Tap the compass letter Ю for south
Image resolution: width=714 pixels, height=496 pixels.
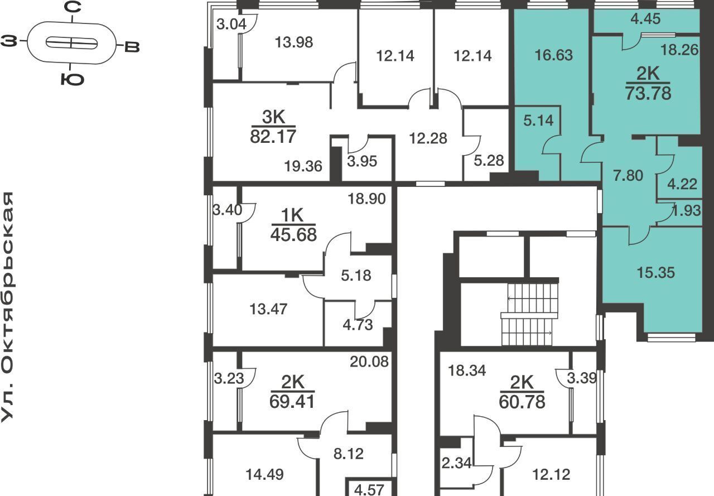click(73, 79)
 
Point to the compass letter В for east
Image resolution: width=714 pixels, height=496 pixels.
click(132, 47)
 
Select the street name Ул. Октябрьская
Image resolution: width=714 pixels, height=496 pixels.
click(7, 307)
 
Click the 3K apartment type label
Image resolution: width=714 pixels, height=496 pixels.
click(273, 117)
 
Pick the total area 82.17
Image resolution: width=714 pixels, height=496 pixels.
click(273, 137)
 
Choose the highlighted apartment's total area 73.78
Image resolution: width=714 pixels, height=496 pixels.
click(648, 93)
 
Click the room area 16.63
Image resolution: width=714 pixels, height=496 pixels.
click(554, 55)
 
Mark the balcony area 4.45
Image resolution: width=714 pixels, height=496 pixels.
click(646, 19)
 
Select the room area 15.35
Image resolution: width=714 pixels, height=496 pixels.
click(655, 272)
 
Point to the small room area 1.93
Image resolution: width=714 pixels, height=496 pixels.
click(686, 210)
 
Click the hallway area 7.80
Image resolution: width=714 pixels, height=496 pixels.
click(628, 176)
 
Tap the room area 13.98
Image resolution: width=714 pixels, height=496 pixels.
click(294, 42)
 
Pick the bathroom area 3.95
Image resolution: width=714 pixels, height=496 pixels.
click(362, 161)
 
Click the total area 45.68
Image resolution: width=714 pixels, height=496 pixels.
click(293, 235)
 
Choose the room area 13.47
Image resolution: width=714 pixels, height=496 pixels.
click(268, 309)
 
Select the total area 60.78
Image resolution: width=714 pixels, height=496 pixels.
click(522, 402)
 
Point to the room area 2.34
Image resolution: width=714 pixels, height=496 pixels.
click(456, 463)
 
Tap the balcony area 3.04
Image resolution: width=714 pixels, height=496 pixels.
click(231, 24)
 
